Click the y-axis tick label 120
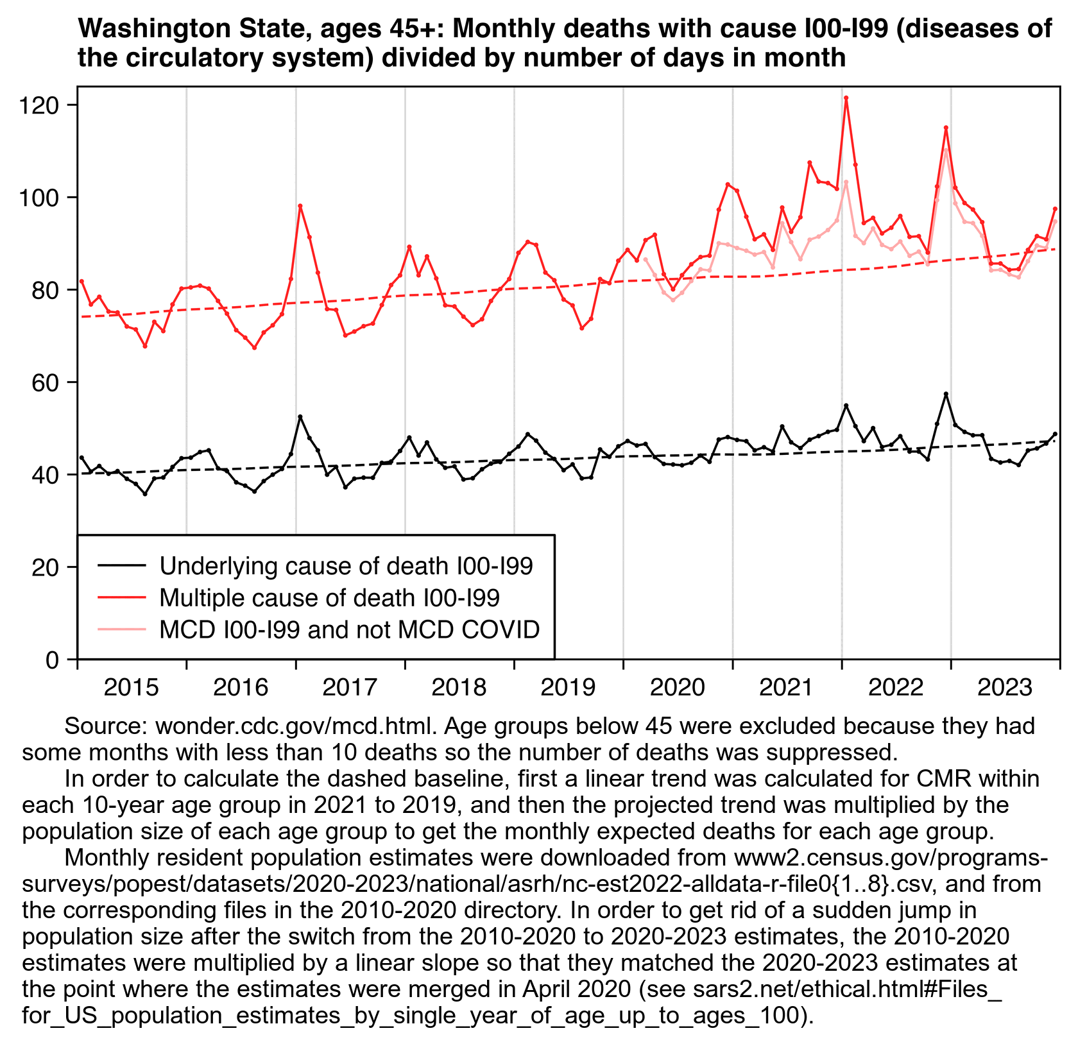coord(43,105)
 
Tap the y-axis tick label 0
coord(54,660)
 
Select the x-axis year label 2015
coord(131,688)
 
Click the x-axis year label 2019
coord(568,688)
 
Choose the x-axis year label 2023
coord(1004,688)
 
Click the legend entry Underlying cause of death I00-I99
coord(346,566)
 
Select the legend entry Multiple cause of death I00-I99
coord(329,598)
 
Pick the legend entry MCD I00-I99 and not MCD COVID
coord(349,630)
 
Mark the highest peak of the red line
coord(846,98)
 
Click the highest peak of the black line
coord(946,393)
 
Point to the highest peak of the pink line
coord(946,149)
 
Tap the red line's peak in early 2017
coord(300,206)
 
